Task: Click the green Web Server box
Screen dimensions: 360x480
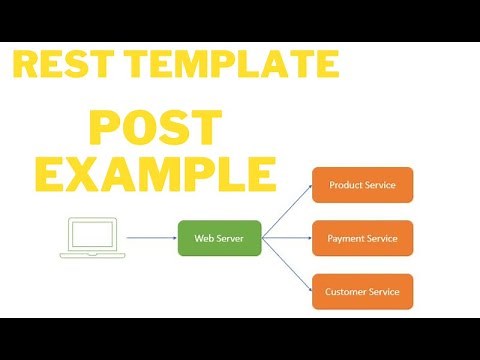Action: pos(219,238)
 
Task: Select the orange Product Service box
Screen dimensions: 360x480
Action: pos(361,185)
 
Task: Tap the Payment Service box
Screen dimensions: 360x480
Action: pos(361,238)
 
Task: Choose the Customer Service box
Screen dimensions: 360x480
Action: pos(361,291)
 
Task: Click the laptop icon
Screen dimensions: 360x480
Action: pos(93,238)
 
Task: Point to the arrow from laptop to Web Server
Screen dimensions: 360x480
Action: pos(152,238)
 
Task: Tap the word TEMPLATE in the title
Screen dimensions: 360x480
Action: pos(230,66)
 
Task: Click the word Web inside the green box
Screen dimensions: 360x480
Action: pos(202,238)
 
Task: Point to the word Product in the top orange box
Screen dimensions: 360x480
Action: pos(344,185)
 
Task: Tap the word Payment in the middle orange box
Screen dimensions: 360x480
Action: pos(344,238)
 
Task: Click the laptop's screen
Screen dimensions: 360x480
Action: pos(93,233)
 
